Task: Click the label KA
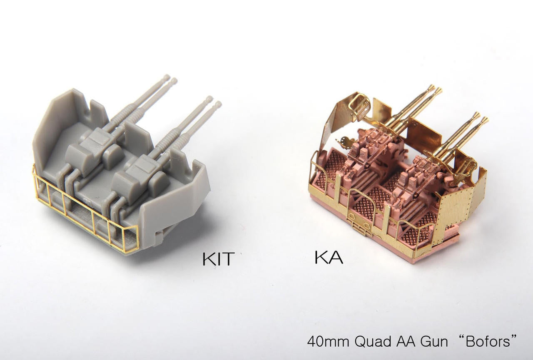click(329, 257)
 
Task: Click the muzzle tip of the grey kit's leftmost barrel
click(167, 77)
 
